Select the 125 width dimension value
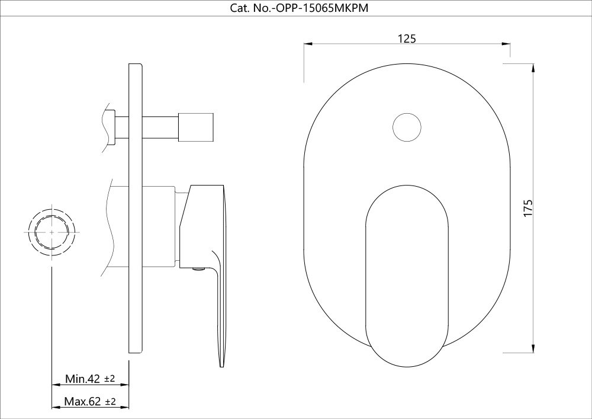pos(407,39)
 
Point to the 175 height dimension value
pos(528,208)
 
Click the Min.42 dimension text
pos(82,379)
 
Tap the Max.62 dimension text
pos(82,401)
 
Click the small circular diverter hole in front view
pos(407,127)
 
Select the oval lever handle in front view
pos(407,276)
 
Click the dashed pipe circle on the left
pos(52,232)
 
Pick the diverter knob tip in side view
pos(196,127)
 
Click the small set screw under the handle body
pos(198,269)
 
